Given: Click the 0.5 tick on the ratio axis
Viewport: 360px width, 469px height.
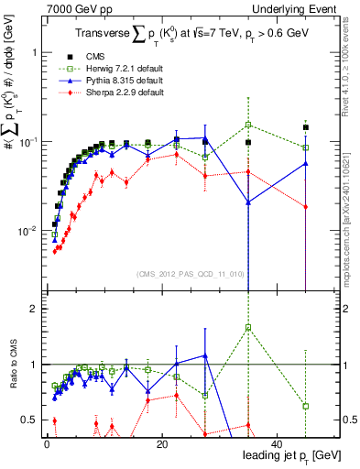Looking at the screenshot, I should click(29, 420).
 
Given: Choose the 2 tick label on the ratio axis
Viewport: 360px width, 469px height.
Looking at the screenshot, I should click(34, 309).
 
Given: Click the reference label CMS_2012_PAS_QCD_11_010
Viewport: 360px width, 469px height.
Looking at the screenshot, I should click(191, 273).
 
